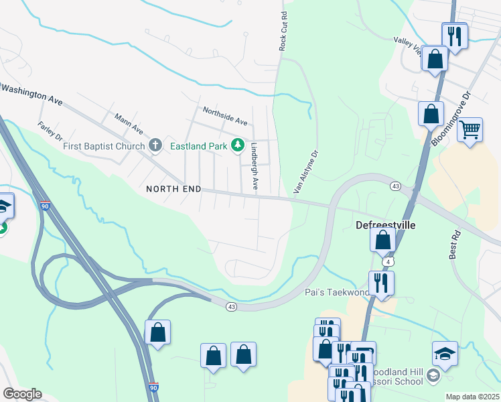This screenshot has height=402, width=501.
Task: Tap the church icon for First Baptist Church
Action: (155, 145)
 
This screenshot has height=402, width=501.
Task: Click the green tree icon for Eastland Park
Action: (237, 145)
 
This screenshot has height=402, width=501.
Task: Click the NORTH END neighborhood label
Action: (173, 190)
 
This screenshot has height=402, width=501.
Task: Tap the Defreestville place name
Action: (385, 225)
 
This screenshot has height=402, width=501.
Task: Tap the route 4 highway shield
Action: (388, 260)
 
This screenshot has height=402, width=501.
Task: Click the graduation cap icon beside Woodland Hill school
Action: (445, 352)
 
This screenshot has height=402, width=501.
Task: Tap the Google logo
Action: (22, 394)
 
